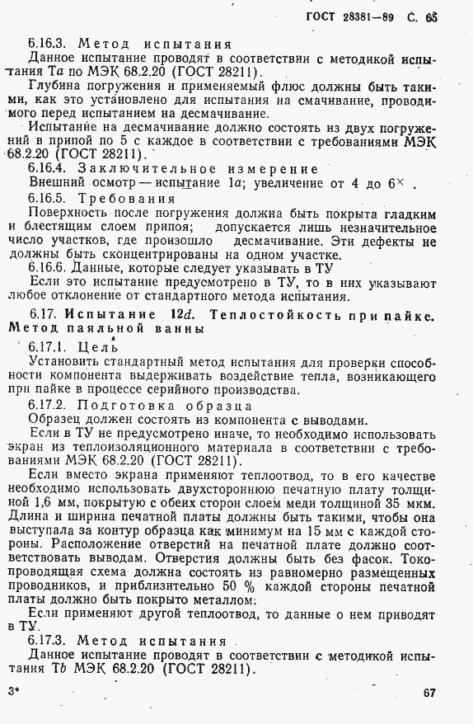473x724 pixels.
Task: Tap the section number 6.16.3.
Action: (50, 42)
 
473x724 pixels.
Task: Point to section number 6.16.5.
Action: (50, 198)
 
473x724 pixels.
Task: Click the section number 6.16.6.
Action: (49, 268)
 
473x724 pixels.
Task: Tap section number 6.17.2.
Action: (50, 404)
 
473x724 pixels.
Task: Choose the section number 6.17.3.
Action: (50, 640)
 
